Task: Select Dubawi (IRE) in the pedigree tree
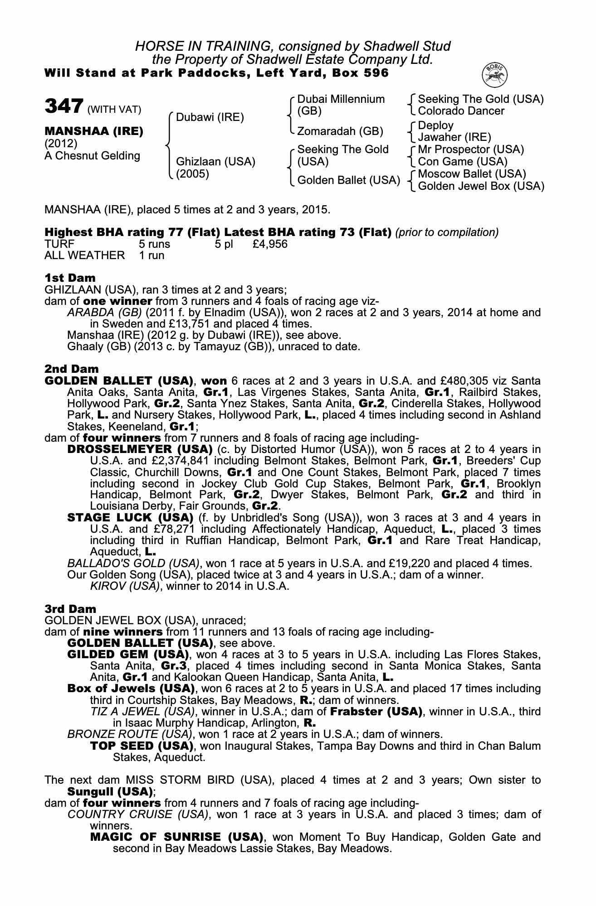tap(210, 118)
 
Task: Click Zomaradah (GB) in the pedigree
tap(340, 131)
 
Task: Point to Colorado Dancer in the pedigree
tap(461, 111)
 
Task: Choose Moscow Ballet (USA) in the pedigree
tap(472, 174)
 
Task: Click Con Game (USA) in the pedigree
tap(463, 162)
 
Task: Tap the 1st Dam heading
tap(70, 278)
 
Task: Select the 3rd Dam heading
tap(70, 609)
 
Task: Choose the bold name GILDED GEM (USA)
tap(127, 654)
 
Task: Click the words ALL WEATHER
tap(84, 255)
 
